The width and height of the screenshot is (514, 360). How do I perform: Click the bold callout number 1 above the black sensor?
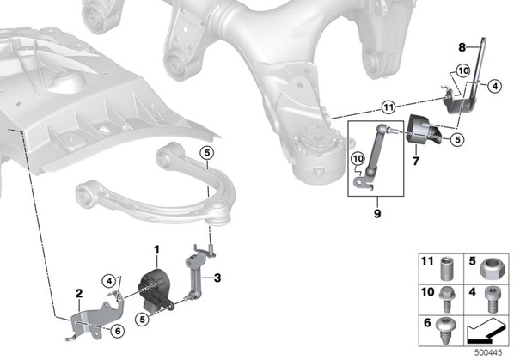click(x=156, y=250)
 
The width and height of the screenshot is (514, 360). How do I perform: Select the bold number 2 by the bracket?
click(x=79, y=294)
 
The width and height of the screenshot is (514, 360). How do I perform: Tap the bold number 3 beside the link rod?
click(x=217, y=278)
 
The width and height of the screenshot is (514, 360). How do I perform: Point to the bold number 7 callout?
click(x=416, y=162)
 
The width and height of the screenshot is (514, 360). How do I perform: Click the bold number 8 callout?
click(x=462, y=48)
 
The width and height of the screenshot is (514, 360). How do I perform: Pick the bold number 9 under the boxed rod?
click(x=377, y=214)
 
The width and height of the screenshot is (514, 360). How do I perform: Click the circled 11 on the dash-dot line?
click(x=389, y=107)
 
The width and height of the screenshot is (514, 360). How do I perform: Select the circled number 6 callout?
click(x=118, y=331)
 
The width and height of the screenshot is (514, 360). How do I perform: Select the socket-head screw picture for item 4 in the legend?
click(x=492, y=300)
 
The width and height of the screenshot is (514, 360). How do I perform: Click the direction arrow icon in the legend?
click(x=486, y=332)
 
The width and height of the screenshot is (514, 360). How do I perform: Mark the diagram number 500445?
click(x=488, y=353)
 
